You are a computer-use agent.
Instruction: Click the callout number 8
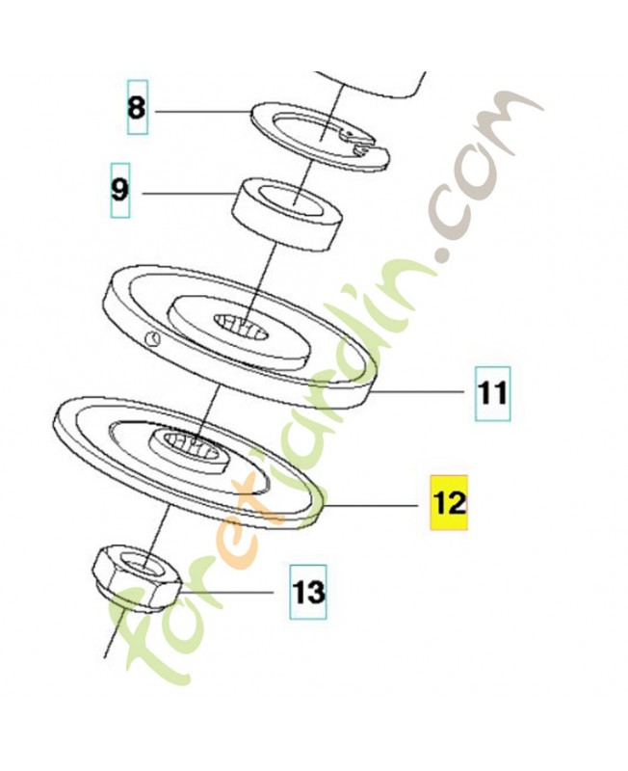137,107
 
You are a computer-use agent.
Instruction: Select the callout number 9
119,189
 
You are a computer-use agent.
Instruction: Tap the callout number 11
492,393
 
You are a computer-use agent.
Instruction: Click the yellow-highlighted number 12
449,502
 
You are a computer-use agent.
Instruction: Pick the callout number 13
308,592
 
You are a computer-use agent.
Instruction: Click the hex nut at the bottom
137,579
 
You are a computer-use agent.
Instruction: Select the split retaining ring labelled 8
320,136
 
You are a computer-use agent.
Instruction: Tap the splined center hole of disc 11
241,328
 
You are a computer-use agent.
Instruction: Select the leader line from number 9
187,194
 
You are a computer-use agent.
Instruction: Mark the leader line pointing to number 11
418,392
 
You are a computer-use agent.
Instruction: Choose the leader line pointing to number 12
372,505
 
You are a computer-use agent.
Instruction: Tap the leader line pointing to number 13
227,592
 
